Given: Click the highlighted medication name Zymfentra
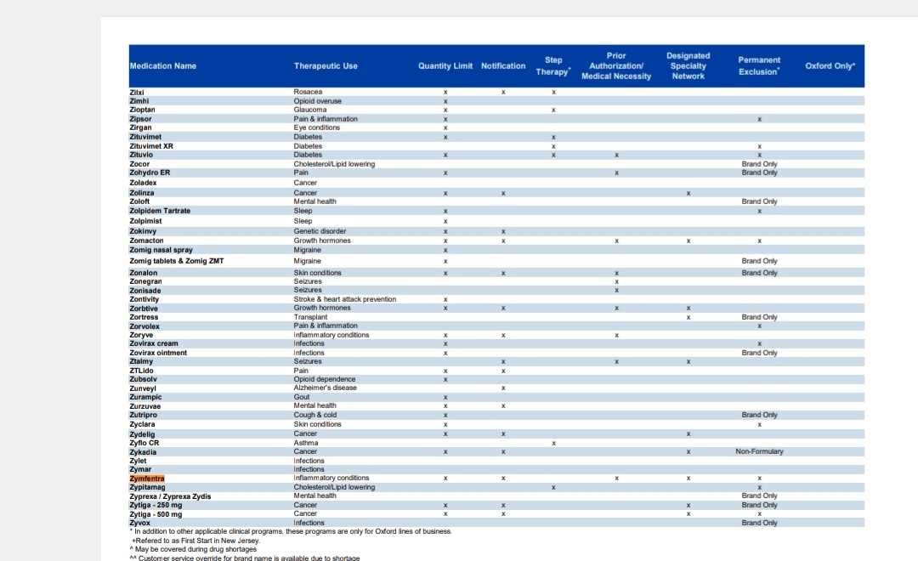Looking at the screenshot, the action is point(147,479).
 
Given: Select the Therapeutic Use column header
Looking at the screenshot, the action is point(326,66).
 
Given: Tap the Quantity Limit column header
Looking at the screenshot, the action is point(445,66).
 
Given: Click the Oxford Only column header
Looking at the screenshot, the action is point(830,65).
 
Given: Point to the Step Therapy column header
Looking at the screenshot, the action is point(553,65).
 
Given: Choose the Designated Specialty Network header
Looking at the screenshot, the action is point(688,65).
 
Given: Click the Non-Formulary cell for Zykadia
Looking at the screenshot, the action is point(759,451).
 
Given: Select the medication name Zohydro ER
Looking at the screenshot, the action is point(150,173).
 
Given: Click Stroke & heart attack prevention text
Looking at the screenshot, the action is point(345,299).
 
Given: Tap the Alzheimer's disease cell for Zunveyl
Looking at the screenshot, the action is point(325,388).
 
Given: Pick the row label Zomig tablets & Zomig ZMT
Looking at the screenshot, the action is point(176,261).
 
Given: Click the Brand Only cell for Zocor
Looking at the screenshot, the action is point(759,164).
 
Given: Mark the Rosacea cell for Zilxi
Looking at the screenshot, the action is point(308,92).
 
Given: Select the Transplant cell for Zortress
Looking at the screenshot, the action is point(310,317).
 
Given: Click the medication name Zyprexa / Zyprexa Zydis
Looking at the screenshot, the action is point(170,496).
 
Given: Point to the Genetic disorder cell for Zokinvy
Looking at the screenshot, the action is point(320,231).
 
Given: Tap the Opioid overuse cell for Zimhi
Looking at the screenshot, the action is point(317,101).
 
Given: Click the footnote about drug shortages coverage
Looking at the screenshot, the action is point(193,549).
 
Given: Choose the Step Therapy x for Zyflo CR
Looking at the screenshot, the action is point(553,444).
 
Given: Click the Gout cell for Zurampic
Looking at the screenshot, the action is point(302,397).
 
